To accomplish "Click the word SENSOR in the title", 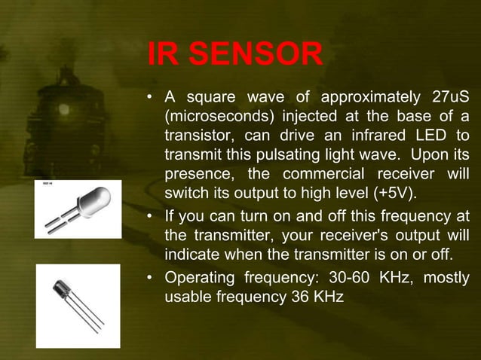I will (x=256, y=55).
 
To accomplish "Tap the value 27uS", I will (x=448, y=98).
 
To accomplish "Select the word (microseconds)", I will (x=212, y=117).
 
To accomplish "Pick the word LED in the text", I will (x=427, y=136).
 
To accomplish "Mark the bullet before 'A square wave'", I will (x=151, y=99).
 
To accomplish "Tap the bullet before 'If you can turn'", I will (x=151, y=217).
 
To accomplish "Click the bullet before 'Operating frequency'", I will (x=151, y=278).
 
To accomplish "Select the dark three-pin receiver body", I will (x=63, y=289).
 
